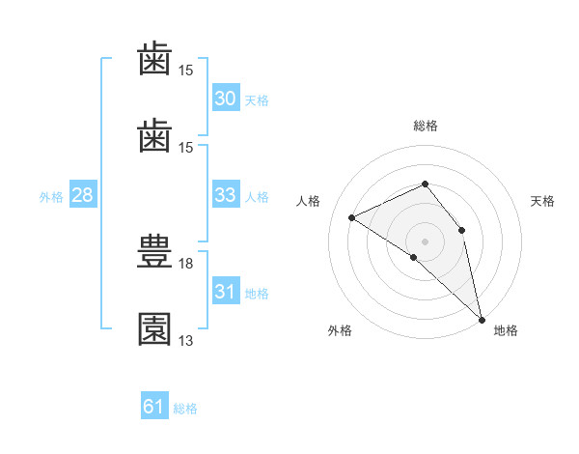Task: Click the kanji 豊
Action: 154,251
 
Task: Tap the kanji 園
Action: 154,329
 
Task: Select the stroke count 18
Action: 185,264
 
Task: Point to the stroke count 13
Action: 185,340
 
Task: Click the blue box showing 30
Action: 226,98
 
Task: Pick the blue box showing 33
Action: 226,194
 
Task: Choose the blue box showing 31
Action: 226,290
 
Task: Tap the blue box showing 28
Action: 83,194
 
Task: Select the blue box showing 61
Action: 154,405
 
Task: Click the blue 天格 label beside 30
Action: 257,100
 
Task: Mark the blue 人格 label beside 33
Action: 257,197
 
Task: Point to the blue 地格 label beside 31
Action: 257,294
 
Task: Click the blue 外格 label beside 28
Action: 51,197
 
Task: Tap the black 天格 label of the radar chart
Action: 542,201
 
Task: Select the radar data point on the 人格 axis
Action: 352,217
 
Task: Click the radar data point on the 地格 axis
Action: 482,320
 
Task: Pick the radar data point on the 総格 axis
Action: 425,184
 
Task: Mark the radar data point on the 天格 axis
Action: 461,230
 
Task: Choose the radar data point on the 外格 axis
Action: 414,257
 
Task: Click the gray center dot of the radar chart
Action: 425,241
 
